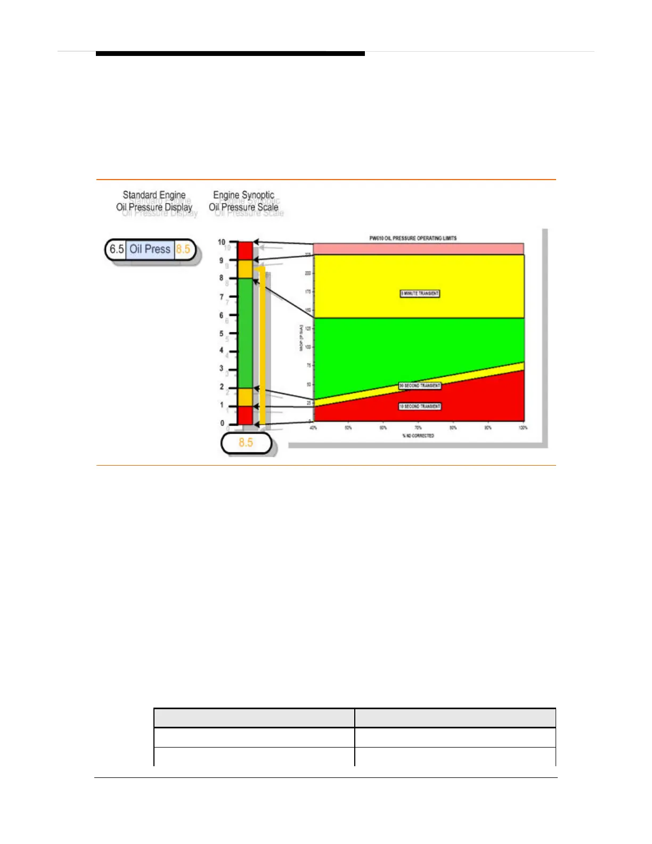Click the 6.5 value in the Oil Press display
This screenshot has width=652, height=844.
tap(117, 249)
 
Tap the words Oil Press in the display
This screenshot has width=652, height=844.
tap(150, 249)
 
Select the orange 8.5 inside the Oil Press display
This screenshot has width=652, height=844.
tap(183, 249)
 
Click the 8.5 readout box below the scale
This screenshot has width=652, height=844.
tap(246, 443)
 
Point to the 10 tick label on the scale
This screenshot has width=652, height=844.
tap(222, 242)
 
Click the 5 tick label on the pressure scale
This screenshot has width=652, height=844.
tap(222, 334)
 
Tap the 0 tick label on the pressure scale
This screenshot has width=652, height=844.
tap(222, 424)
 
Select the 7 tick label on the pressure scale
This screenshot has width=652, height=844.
tap(222, 297)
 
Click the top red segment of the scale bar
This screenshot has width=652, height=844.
tap(245, 251)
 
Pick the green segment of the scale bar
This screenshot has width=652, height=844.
tap(245, 333)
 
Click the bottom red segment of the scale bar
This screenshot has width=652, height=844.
tap(245, 415)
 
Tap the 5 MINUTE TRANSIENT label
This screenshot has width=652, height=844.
tap(420, 294)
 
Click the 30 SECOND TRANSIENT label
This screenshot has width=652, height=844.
tap(420, 386)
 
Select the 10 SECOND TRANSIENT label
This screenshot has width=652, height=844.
tap(420, 407)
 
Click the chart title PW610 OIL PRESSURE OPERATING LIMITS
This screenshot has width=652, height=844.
tap(413, 238)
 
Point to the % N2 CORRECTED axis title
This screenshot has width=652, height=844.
tap(418, 436)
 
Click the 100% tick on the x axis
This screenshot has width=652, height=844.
tap(523, 428)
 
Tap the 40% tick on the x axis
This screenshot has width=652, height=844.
tap(313, 428)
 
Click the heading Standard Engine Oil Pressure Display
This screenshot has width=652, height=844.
tap(154, 201)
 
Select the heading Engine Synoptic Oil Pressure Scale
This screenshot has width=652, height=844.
tap(243, 201)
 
